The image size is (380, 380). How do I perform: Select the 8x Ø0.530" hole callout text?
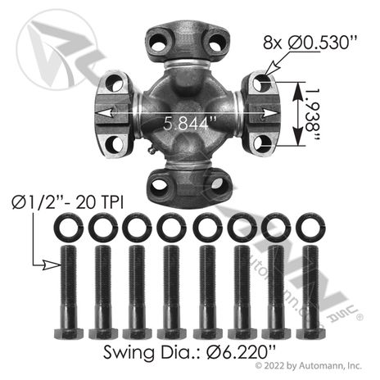pyautogui.click(x=310, y=43)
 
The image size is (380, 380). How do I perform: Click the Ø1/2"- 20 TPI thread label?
pyautogui.click(x=68, y=203)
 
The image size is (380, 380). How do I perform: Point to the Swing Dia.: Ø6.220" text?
pyautogui.click(x=189, y=352)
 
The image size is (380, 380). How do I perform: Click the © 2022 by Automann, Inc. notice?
pyautogui.click(x=309, y=365)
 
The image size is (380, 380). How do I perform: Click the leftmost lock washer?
pyautogui.click(x=65, y=228)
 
